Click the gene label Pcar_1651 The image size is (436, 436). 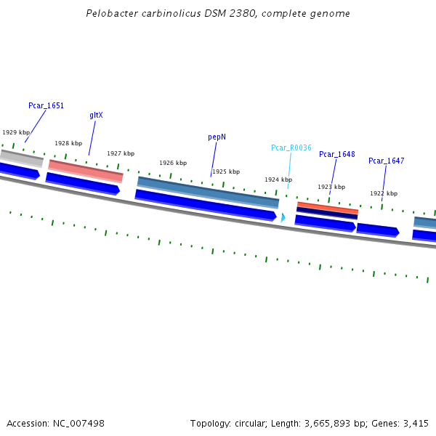(46, 106)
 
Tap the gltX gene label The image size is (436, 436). (96, 116)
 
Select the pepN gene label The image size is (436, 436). (217, 137)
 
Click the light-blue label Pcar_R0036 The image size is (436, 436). (291, 148)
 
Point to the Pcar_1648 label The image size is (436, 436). (336, 154)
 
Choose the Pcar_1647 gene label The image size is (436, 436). (386, 161)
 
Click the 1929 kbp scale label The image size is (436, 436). (16, 133)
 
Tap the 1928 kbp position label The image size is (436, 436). (68, 144)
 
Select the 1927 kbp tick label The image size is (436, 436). (121, 154)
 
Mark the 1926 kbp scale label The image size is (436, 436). (173, 163)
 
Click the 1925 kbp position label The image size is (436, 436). (226, 172)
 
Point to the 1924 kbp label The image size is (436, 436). (278, 179)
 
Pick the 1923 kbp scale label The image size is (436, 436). (331, 187)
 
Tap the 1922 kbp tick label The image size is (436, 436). (384, 193)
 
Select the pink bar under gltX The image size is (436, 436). (86, 170)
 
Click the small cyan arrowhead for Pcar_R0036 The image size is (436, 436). (283, 217)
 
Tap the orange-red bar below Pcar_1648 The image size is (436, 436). (328, 208)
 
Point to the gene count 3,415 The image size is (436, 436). (416, 423)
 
